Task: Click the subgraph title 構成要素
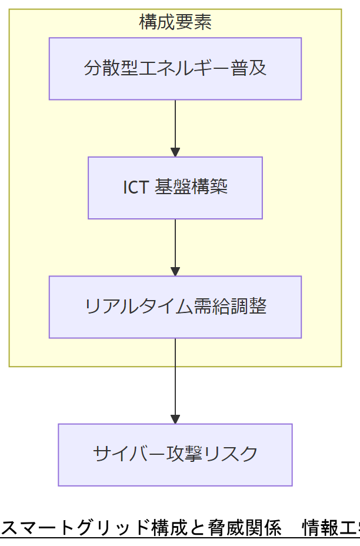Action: click(x=175, y=22)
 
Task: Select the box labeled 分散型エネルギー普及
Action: click(x=175, y=69)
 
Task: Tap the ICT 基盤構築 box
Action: click(x=175, y=188)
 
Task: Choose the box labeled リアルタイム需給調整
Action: click(x=175, y=307)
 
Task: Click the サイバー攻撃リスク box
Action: click(x=175, y=455)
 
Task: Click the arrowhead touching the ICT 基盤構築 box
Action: click(x=175, y=152)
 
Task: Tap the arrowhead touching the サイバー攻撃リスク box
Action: click(x=175, y=419)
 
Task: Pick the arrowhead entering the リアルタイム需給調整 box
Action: click(x=175, y=271)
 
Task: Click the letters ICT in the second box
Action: click(x=135, y=188)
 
